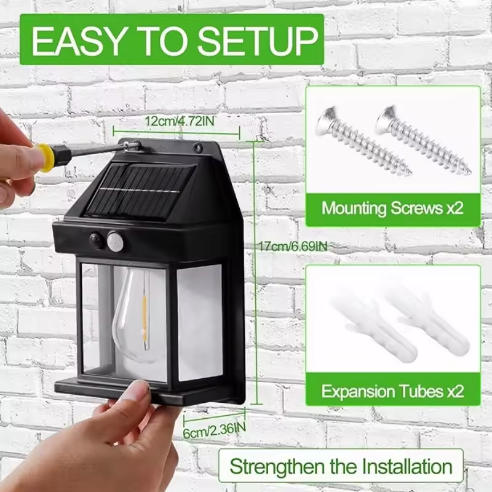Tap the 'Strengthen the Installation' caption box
point(341,466)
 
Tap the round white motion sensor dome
point(115,241)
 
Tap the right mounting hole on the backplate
point(198,148)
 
